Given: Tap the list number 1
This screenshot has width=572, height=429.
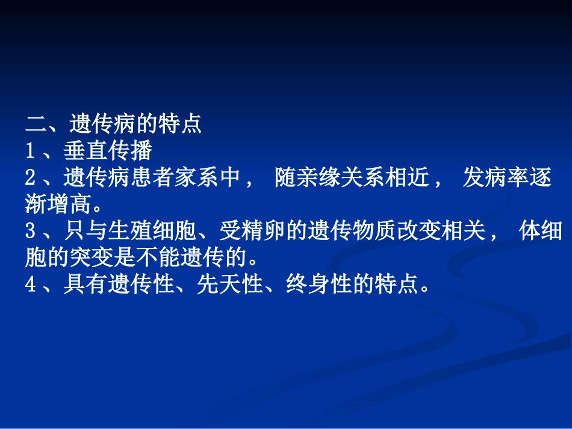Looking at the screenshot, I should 31,151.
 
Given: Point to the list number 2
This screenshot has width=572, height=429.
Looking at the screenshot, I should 31,178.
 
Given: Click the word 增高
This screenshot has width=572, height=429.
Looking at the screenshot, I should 69,205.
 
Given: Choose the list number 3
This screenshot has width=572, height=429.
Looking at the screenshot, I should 31,232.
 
